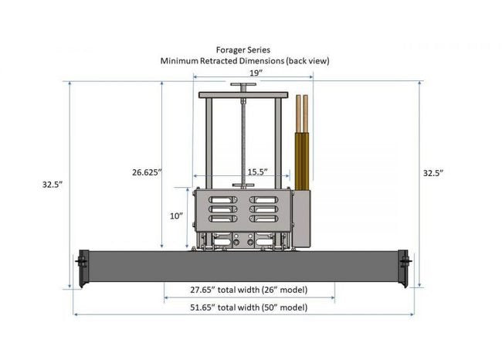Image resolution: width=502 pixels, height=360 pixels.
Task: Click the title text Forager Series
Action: point(243,50)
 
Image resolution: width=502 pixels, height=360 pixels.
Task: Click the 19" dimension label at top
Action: point(256,73)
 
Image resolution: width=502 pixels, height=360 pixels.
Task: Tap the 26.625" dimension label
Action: point(147,172)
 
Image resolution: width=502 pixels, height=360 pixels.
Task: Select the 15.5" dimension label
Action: point(257,172)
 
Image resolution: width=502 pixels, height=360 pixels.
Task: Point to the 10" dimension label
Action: point(176,216)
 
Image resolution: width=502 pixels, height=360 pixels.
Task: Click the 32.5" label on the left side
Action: point(53,185)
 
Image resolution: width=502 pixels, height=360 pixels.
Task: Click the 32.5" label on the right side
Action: point(433,173)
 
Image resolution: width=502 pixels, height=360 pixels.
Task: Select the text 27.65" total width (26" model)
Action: point(249,290)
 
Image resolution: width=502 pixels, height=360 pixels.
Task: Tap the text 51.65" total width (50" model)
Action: point(249,307)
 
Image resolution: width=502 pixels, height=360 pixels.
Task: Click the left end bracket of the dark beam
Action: point(83,268)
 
